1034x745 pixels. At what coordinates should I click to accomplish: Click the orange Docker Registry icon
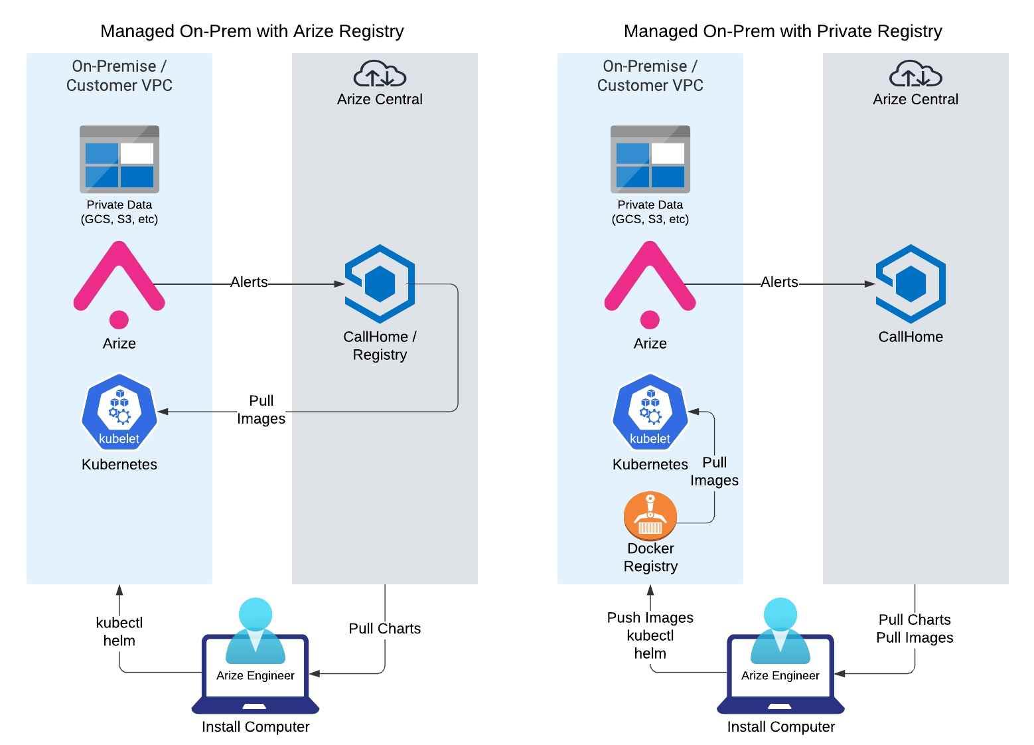(x=650, y=516)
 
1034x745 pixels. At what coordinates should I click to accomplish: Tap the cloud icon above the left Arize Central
(x=380, y=74)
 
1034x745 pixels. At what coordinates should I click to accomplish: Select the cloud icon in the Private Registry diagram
(x=915, y=74)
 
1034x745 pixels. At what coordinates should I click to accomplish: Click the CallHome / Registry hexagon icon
(x=380, y=284)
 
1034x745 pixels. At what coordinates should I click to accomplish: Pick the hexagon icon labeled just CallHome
(x=911, y=284)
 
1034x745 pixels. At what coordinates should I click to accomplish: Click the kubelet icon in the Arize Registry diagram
(x=119, y=412)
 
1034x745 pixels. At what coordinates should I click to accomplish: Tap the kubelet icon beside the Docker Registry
(x=650, y=412)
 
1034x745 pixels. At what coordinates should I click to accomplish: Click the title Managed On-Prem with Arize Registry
(x=252, y=31)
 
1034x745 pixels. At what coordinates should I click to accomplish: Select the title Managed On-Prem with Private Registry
(x=783, y=31)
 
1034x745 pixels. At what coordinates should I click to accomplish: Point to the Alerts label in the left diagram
(x=249, y=282)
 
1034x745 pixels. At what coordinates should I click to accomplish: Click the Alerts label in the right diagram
(x=779, y=282)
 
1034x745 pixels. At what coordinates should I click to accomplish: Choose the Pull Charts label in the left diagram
(x=385, y=628)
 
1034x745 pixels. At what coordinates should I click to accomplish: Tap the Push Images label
(x=650, y=618)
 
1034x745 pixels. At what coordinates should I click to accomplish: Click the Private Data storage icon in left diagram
(x=119, y=159)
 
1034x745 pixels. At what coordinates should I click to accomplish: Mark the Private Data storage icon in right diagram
(x=650, y=159)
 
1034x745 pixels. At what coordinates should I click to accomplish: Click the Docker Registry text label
(x=650, y=558)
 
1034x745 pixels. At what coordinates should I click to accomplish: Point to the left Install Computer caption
(x=256, y=726)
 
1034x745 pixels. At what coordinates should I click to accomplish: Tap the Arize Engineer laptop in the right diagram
(x=780, y=671)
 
